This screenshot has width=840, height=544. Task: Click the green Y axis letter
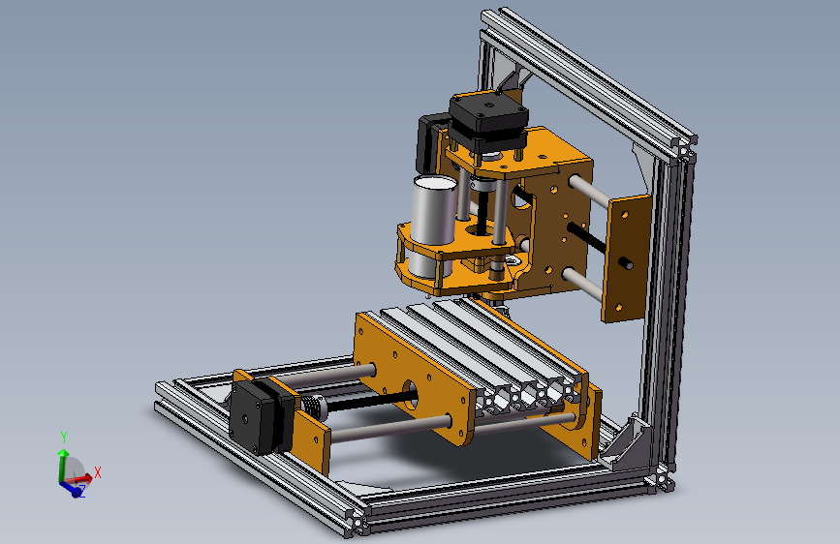[64, 438]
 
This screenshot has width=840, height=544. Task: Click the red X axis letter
[98, 472]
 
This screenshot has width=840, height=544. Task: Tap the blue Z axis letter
[82, 491]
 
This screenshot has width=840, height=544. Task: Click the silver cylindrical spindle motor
[433, 225]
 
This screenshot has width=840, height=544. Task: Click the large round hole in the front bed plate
[411, 395]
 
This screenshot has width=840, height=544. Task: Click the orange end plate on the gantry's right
[625, 258]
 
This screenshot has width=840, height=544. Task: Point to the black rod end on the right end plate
[626, 263]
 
